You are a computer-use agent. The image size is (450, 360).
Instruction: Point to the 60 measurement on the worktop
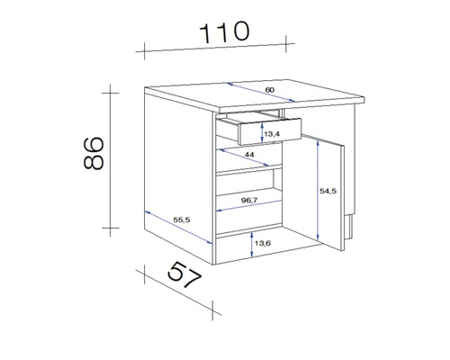(x=270, y=91)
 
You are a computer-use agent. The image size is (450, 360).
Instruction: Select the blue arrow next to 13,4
(x=261, y=134)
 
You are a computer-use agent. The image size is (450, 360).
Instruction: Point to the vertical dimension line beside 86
(x=110, y=159)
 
